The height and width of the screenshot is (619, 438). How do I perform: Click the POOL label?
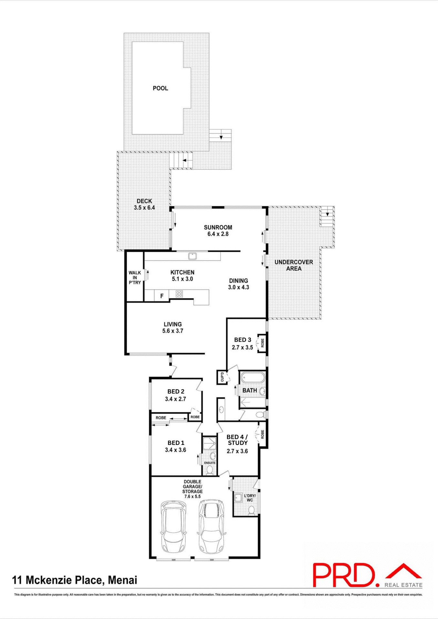click(x=160, y=88)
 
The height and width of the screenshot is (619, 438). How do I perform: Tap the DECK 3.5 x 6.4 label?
click(x=144, y=204)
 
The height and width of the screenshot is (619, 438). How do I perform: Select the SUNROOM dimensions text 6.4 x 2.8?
click(x=218, y=234)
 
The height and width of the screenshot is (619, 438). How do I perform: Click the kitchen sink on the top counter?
click(x=192, y=256)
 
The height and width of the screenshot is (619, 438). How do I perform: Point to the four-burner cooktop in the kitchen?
click(x=179, y=294)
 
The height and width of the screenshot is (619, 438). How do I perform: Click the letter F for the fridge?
click(x=162, y=296)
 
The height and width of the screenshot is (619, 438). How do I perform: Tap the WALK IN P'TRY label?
click(x=135, y=278)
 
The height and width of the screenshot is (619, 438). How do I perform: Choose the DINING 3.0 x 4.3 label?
click(x=239, y=284)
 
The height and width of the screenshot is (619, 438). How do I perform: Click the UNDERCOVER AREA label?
click(x=294, y=265)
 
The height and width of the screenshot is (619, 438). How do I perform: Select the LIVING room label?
click(x=173, y=328)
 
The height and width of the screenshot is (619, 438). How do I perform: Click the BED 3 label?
click(x=242, y=340)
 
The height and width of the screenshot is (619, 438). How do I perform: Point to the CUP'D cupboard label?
click(x=222, y=377)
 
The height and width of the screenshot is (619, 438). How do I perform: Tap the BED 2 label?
click(x=176, y=391)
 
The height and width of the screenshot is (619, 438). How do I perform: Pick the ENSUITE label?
click(x=210, y=463)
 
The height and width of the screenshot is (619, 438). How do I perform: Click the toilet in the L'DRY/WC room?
click(x=251, y=510)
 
